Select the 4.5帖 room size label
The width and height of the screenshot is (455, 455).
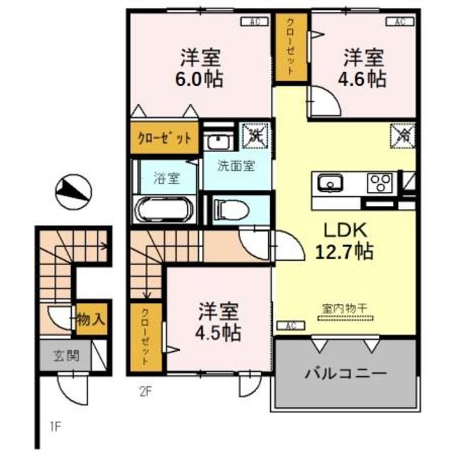pyautogui.click(x=218, y=332)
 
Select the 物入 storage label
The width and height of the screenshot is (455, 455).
pyautogui.click(x=92, y=319)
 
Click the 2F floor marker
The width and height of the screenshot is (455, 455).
pyautogui.click(x=146, y=390)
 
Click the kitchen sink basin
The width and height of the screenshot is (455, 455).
pyautogui.click(x=331, y=183)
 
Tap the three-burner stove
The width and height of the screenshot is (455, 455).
pyautogui.click(x=380, y=182)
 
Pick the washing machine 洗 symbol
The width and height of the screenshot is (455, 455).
pyautogui.click(x=254, y=134)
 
